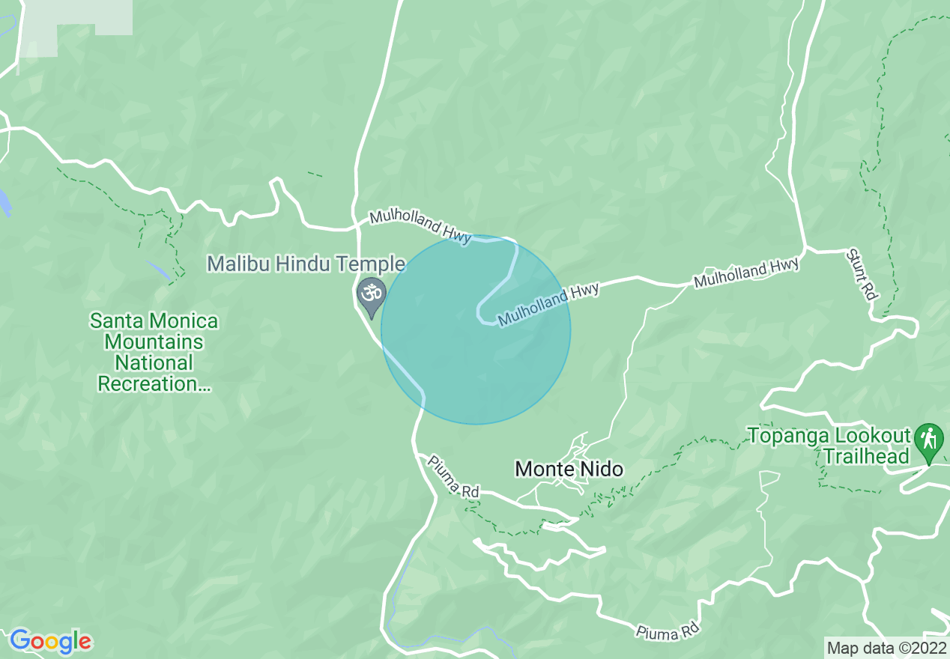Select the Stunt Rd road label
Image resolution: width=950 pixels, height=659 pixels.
(x=862, y=274)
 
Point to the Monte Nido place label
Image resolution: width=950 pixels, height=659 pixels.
(x=569, y=470)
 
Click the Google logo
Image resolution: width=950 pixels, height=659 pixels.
(x=51, y=641)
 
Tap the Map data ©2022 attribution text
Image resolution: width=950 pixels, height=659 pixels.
(x=886, y=646)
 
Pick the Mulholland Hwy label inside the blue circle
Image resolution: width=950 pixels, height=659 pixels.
(x=549, y=303)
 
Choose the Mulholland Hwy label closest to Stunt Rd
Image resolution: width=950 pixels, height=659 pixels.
(x=746, y=271)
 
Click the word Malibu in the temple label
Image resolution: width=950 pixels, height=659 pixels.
(x=237, y=264)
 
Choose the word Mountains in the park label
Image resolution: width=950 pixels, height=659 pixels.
(x=154, y=342)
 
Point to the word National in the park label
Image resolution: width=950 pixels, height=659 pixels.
(x=154, y=363)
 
